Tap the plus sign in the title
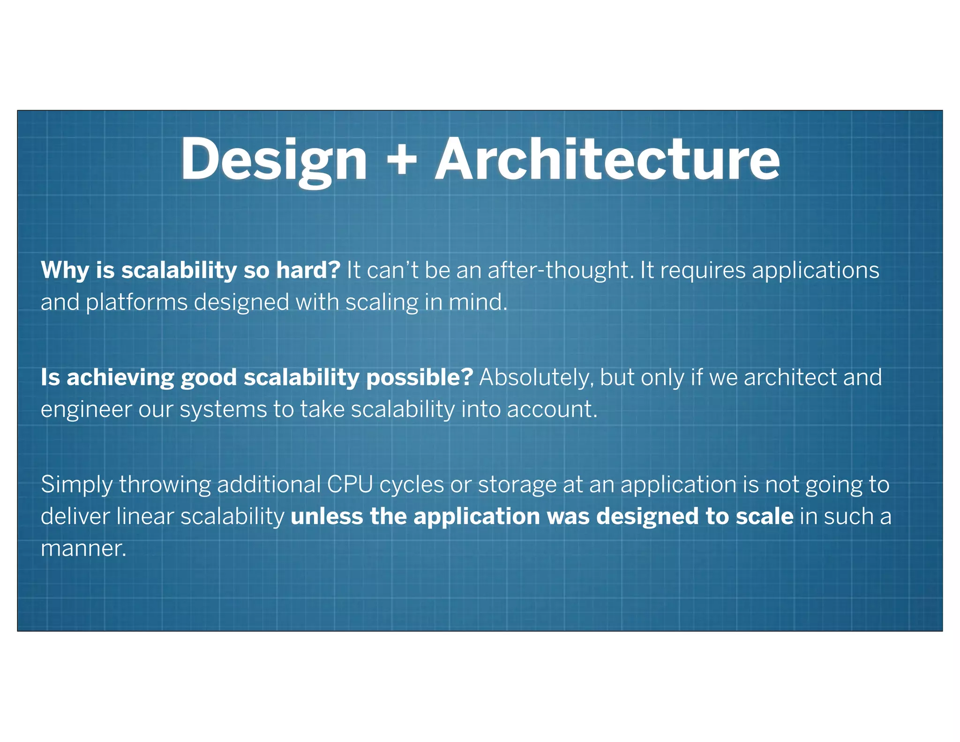coord(402,159)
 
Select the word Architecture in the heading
coord(607,159)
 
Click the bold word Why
coord(65,271)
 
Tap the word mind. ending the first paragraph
coord(478,303)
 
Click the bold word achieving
coord(120,378)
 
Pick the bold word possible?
coord(420,378)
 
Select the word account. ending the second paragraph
coord(552,410)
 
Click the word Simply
coord(76,485)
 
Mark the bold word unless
coord(327,517)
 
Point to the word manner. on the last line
coord(83,549)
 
